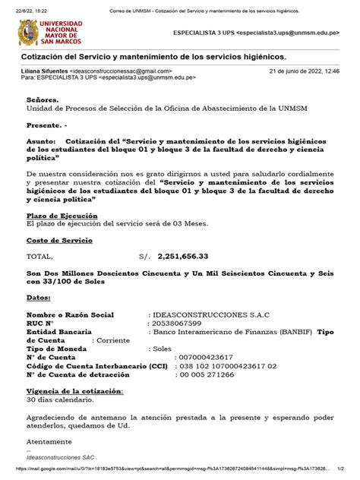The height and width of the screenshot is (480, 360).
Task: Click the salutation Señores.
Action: (x=42, y=99)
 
